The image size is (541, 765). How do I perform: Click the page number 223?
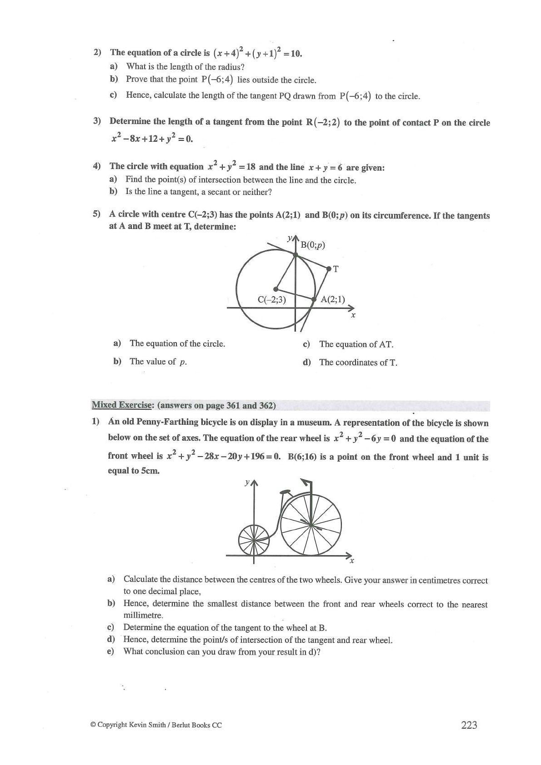[469, 725]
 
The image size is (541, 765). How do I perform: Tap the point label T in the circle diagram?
[336, 269]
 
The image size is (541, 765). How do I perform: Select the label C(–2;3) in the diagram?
[271, 299]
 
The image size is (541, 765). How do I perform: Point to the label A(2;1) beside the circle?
[333, 299]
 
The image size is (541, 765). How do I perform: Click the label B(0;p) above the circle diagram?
[313, 245]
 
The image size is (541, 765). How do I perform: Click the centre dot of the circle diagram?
[276, 288]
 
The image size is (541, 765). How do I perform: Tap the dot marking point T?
[329, 268]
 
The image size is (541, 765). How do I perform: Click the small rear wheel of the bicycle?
[254, 540]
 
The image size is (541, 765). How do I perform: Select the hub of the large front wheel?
[311, 525]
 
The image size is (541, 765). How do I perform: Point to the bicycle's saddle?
[286, 492]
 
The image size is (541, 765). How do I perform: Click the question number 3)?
[97, 121]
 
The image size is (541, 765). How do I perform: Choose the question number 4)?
[97, 166]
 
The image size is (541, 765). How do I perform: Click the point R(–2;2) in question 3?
[323, 122]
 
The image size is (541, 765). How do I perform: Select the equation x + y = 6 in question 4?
[326, 167]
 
